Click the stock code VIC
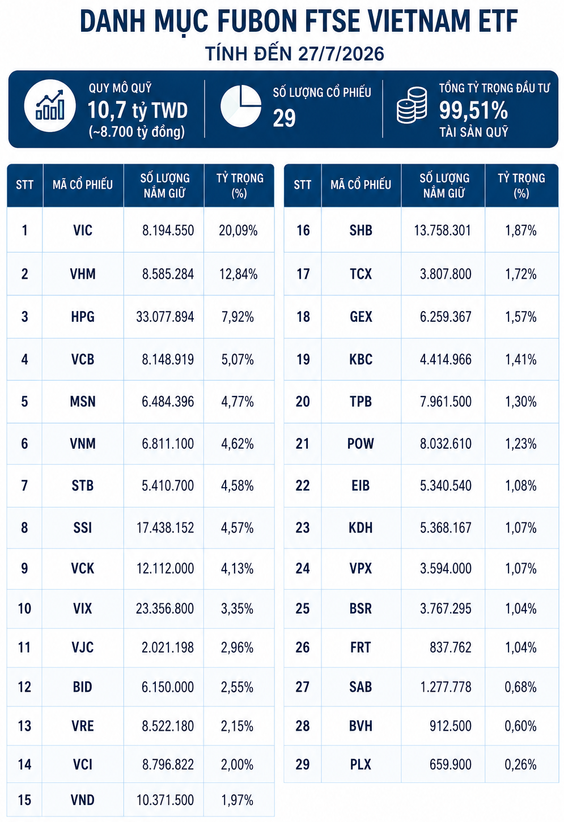(83, 231)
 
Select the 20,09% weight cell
(238, 231)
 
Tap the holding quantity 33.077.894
(165, 317)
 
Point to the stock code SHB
(361, 231)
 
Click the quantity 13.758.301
(442, 231)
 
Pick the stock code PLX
(361, 764)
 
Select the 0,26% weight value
(521, 764)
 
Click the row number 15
(24, 800)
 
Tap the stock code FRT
(361, 648)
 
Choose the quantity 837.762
(451, 648)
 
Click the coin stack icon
(412, 105)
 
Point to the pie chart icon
(240, 106)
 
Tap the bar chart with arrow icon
(50, 106)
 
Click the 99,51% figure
(473, 110)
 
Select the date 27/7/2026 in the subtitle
(341, 54)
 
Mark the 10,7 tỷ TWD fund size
(137, 110)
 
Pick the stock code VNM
(83, 444)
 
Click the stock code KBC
(361, 359)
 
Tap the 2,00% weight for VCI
(237, 764)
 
